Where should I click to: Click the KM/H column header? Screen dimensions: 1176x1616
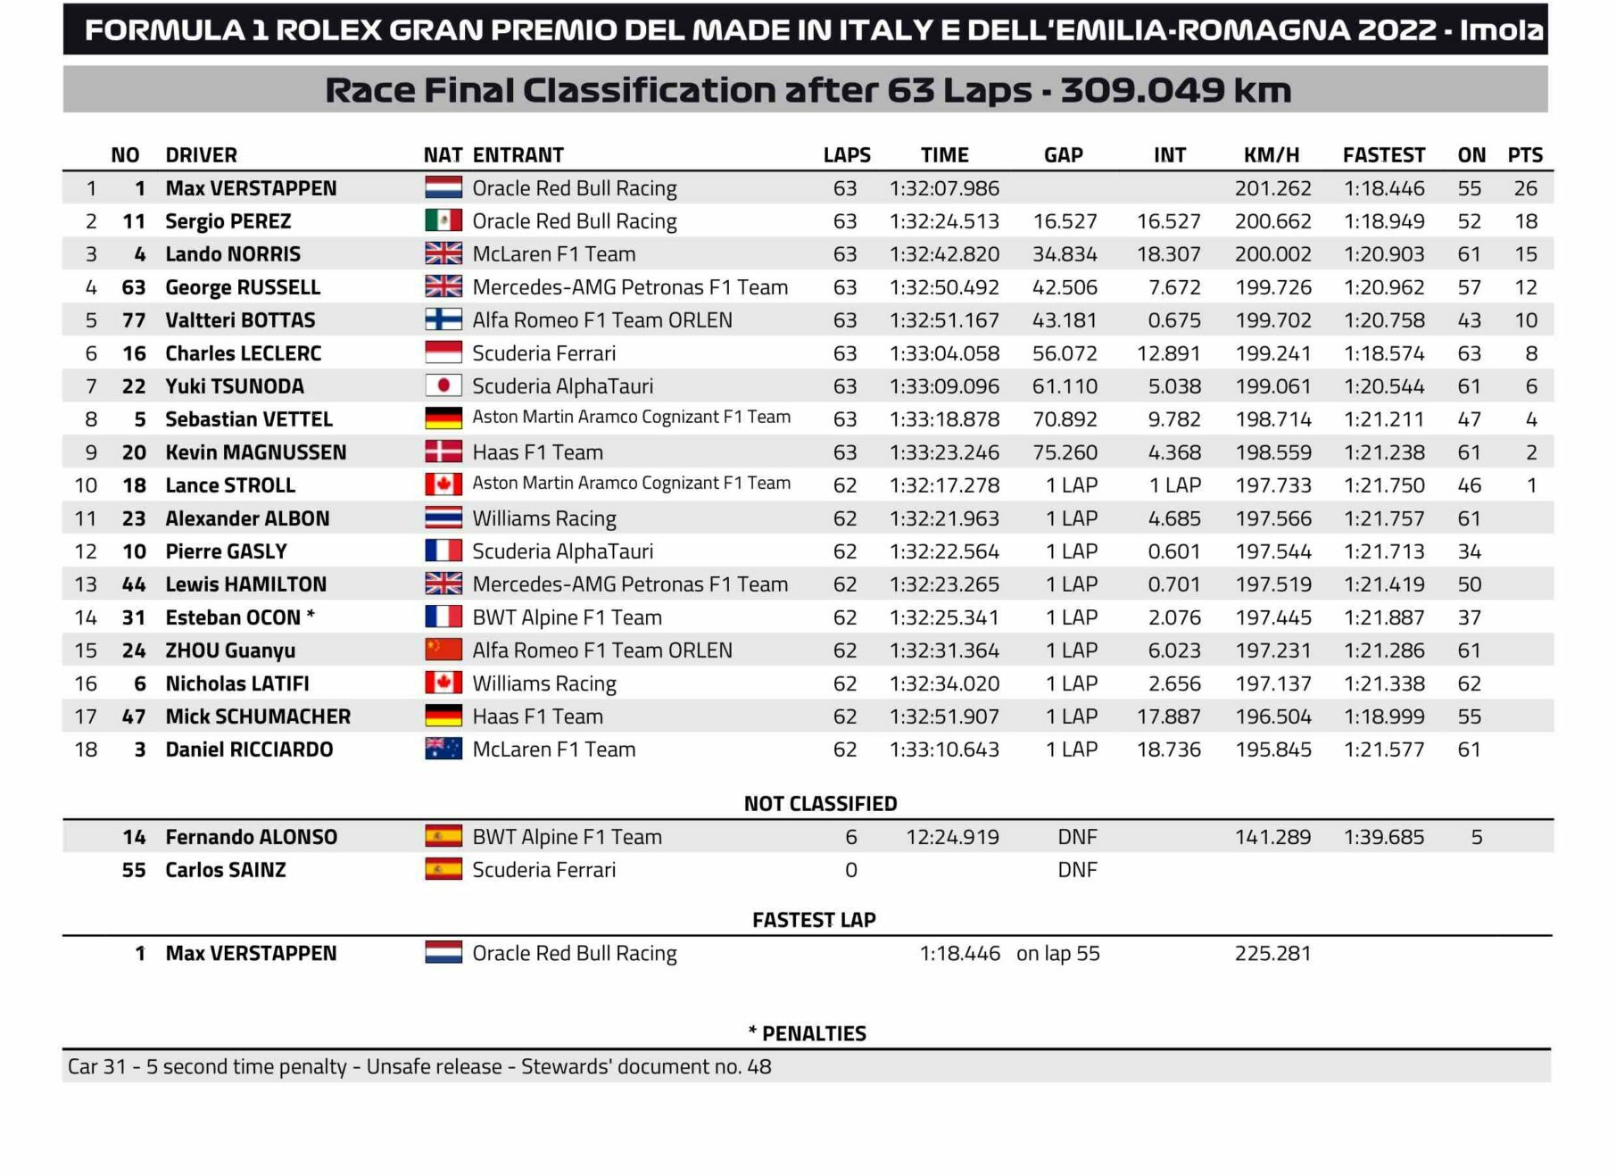tap(1271, 155)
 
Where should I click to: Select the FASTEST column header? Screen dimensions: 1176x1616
tap(1383, 155)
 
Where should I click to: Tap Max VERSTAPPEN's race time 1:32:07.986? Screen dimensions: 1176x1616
tap(944, 188)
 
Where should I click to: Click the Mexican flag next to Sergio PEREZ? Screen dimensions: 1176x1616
tap(443, 220)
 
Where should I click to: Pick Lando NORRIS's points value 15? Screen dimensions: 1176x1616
tap(1525, 254)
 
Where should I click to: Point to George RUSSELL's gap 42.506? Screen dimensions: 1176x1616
tap(1065, 287)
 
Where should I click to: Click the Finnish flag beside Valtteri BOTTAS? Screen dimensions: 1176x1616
tap(443, 319)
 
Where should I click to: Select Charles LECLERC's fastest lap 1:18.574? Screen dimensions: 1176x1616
tap(1384, 353)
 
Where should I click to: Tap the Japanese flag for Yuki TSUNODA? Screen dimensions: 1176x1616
tap(443, 385)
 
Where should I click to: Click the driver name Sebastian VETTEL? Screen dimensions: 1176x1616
tap(248, 419)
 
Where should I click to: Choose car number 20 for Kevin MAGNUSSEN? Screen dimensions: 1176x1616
tap(134, 452)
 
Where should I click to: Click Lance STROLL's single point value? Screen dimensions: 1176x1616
tap(1531, 485)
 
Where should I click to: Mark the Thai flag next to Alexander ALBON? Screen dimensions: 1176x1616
tap(443, 518)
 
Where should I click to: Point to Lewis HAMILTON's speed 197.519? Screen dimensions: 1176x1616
tap(1273, 584)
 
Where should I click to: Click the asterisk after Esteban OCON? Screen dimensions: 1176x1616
tap(311, 615)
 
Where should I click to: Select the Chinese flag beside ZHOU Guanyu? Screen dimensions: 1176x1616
tap(443, 650)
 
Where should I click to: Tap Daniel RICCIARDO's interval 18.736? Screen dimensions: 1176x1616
tap(1168, 749)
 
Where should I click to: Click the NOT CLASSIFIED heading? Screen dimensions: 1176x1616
tap(820, 804)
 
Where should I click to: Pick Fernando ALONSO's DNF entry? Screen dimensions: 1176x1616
tap(1077, 837)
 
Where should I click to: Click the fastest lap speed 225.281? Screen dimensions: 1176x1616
tap(1272, 953)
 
